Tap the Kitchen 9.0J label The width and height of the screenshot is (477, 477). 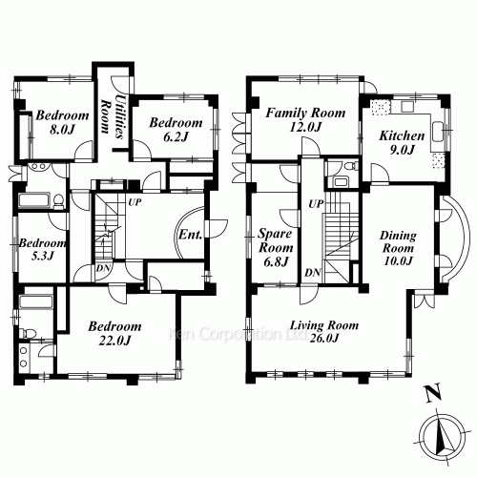pyautogui.click(x=402, y=143)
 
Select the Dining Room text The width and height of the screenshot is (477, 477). pyautogui.click(x=398, y=241)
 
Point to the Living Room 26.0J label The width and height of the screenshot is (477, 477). pyautogui.click(x=324, y=332)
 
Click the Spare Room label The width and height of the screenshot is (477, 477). pyautogui.click(x=276, y=240)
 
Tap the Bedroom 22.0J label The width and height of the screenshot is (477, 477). pyautogui.click(x=114, y=333)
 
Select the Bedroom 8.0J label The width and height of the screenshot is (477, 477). pyautogui.click(x=62, y=122)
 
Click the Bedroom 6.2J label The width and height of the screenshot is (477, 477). pyautogui.click(x=176, y=130)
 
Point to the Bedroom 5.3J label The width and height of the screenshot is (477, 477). pyautogui.click(x=42, y=250)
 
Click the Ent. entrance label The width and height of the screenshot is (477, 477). pyautogui.click(x=190, y=235)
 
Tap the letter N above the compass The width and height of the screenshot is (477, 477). pyautogui.click(x=433, y=393)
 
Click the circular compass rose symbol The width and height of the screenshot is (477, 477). pyautogui.click(x=443, y=436)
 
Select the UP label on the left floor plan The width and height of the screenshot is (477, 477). pyautogui.click(x=135, y=202)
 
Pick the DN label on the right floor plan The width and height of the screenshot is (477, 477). pyautogui.click(x=313, y=273)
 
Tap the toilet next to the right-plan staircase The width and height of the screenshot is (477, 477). pyautogui.click(x=352, y=166)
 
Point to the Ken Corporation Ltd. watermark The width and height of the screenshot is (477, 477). pyautogui.click(x=238, y=334)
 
